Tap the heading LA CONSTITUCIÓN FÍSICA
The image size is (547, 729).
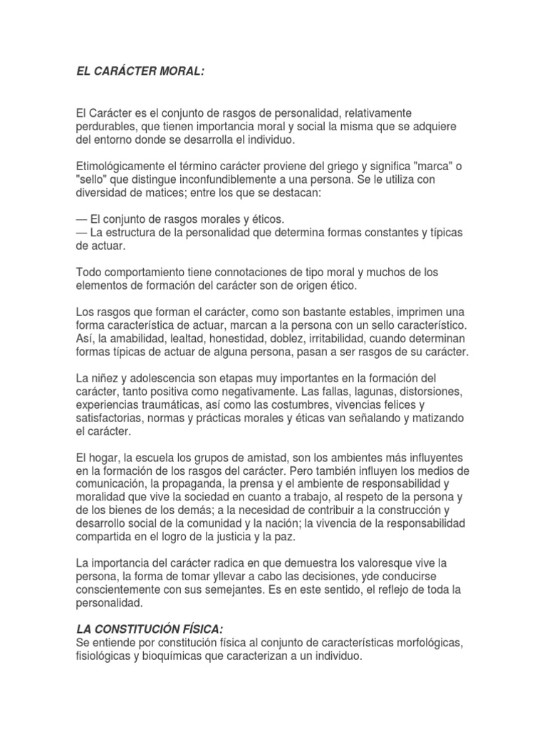150,629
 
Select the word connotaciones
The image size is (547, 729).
252,272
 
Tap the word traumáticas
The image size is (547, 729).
165,404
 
